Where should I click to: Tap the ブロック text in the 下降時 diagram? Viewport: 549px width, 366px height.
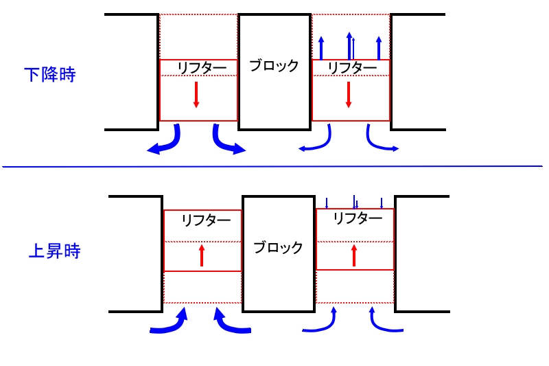(x=274, y=66)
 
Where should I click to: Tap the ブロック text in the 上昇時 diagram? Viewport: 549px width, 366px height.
(x=278, y=248)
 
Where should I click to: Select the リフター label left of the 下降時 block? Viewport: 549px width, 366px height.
(x=198, y=67)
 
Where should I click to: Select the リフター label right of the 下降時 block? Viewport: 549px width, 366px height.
(x=351, y=67)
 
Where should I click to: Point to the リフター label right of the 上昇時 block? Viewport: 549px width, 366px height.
(x=357, y=218)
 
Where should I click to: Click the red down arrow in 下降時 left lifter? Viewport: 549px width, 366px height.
(x=196, y=94)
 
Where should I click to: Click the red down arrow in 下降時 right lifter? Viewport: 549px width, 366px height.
(x=349, y=94)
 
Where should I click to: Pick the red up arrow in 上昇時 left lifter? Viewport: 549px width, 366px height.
(x=202, y=255)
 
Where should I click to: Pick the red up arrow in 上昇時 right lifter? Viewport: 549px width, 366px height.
(x=354, y=255)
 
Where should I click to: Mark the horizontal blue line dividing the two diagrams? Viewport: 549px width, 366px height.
(x=274, y=166)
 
